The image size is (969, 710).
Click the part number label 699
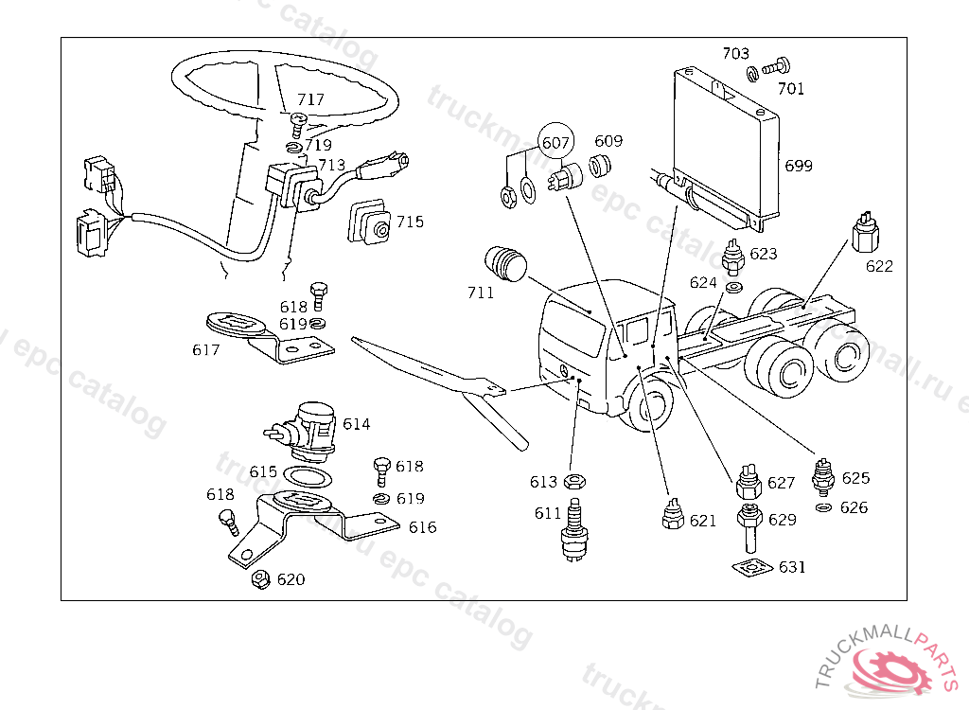[799, 167]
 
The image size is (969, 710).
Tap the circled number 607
[555, 142]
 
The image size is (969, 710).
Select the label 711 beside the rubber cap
[480, 293]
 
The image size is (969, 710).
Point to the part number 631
[792, 567]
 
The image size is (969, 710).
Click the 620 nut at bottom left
[258, 579]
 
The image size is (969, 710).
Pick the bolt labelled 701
[776, 67]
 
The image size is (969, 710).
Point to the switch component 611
[572, 532]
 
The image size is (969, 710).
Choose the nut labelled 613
[573, 482]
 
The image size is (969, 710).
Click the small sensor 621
[674, 517]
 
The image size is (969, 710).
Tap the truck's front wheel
[651, 410]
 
